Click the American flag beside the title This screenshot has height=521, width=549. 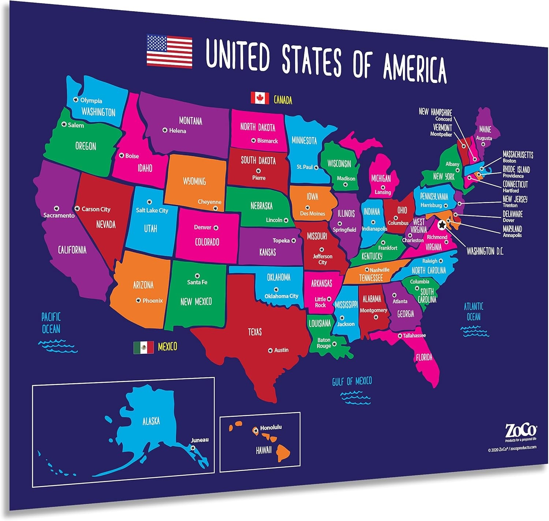[169, 51]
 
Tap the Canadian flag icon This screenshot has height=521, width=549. [260, 98]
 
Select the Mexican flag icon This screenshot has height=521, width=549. [143, 347]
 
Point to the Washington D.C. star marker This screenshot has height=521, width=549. [442, 224]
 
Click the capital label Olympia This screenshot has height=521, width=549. [91, 101]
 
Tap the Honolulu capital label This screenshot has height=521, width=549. [271, 428]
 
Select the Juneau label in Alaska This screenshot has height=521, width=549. [200, 440]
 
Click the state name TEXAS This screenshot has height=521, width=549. [255, 332]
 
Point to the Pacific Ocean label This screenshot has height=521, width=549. [51, 323]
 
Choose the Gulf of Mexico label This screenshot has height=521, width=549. [352, 382]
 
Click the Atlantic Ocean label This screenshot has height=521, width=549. [474, 311]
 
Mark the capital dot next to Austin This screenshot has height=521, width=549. [270, 350]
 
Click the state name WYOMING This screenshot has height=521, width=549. [194, 181]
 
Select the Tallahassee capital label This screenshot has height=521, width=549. [414, 335]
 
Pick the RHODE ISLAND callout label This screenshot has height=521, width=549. [516, 170]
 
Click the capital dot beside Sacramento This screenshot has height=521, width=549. [56, 208]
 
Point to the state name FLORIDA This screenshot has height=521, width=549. [424, 357]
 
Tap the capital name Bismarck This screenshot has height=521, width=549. [267, 141]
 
